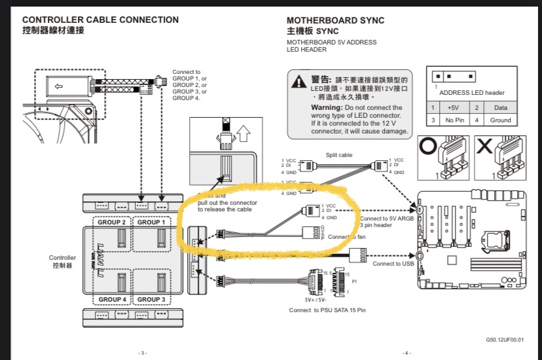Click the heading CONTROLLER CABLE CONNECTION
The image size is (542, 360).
point(100,20)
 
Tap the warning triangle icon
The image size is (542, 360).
point(299,82)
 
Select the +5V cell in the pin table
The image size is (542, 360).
point(453,107)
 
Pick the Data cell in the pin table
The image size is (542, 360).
point(501,107)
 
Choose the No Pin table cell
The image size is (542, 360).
point(453,120)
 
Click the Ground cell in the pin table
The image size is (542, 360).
point(501,120)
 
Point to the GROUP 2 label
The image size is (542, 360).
point(112,222)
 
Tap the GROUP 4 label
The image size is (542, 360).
point(112,299)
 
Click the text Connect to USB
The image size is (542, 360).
point(393,264)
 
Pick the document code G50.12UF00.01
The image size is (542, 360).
point(505,340)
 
